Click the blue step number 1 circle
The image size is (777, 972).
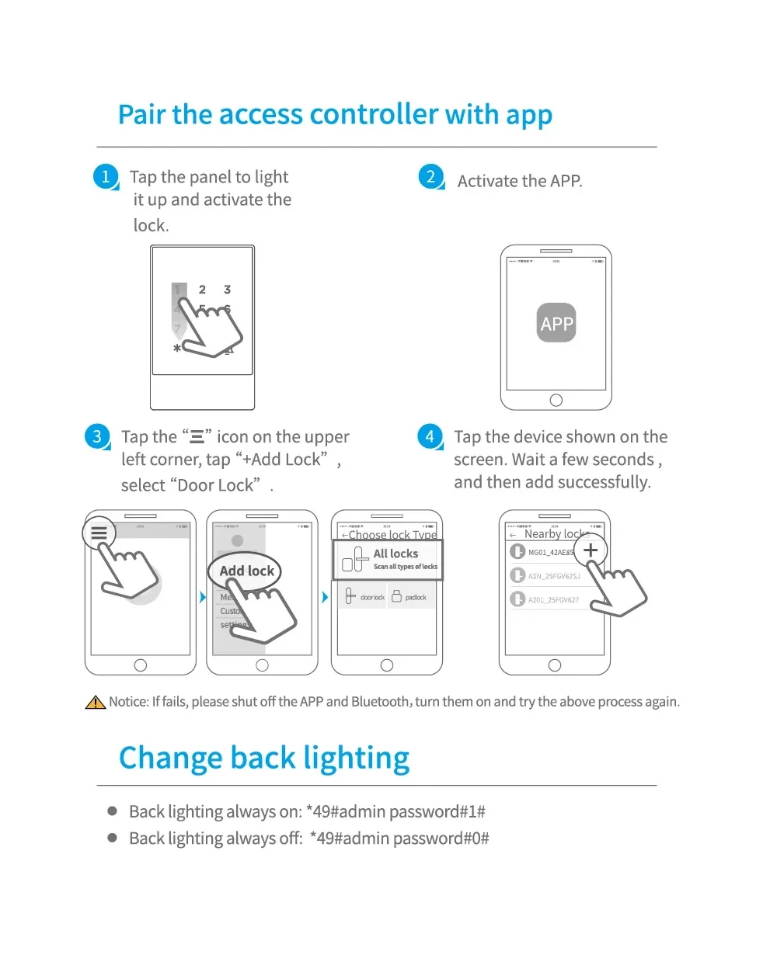coord(106,176)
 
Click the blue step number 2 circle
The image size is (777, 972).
coord(430,176)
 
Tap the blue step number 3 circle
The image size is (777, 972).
coord(97,436)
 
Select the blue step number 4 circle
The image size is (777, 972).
coord(430,436)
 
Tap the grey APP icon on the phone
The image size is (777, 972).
coord(556,323)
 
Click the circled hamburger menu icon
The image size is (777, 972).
coord(99,533)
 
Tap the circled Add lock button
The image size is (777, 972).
coord(246,571)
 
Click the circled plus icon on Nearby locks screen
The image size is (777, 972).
coord(591,550)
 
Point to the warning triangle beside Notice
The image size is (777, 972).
coord(95,703)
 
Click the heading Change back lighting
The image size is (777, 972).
coord(264,758)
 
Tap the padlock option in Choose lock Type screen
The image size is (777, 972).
coord(409,597)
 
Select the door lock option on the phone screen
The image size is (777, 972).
coord(364,597)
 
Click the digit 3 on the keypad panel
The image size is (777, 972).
coord(227,290)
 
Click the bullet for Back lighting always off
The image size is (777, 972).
coord(113,838)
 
